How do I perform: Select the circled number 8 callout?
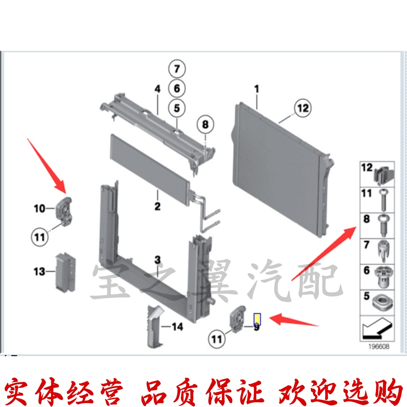click(205, 125)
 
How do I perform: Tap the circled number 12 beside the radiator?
click(303, 108)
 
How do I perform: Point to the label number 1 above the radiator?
click(257, 89)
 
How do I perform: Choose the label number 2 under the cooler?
click(157, 206)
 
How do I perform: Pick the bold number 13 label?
click(39, 272)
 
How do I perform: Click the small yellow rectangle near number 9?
click(257, 318)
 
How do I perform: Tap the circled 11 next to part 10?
click(39, 237)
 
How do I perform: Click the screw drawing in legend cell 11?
click(383, 200)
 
